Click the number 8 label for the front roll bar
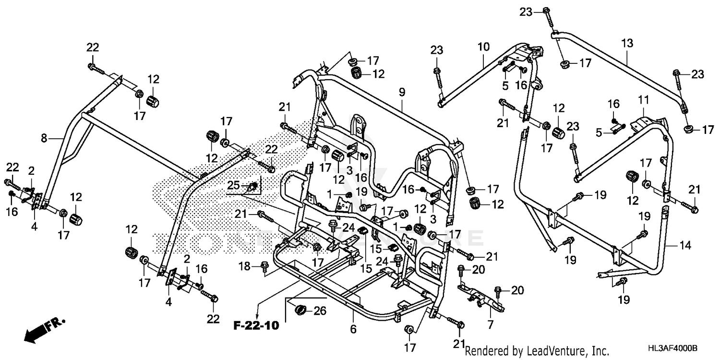[44, 139]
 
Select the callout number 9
[402, 91]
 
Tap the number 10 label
[483, 47]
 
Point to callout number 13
[627, 43]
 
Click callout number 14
[685, 246]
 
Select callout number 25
[233, 185]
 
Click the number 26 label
[320, 311]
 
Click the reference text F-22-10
[256, 326]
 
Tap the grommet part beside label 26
[301, 310]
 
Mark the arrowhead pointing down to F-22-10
[258, 312]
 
